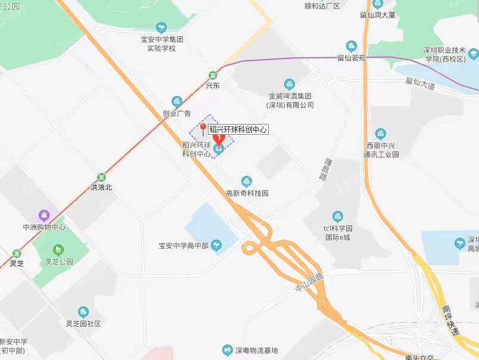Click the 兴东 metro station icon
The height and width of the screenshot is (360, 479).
(213, 75)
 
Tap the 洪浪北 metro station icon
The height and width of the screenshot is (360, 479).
(101, 177)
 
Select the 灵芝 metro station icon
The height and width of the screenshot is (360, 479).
(16, 253)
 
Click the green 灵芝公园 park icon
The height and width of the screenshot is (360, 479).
(58, 249)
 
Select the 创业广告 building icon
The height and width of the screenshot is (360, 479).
(176, 101)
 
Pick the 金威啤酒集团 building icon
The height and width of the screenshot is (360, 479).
(290, 84)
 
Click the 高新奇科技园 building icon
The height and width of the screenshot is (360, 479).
(247, 181)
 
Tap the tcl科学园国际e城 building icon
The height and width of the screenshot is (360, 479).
(338, 216)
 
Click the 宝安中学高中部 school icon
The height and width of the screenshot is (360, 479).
(218, 244)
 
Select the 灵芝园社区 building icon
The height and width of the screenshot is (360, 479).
(83, 312)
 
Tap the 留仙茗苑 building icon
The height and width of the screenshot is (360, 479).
(352, 46)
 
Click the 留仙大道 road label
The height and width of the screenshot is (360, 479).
(421, 83)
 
